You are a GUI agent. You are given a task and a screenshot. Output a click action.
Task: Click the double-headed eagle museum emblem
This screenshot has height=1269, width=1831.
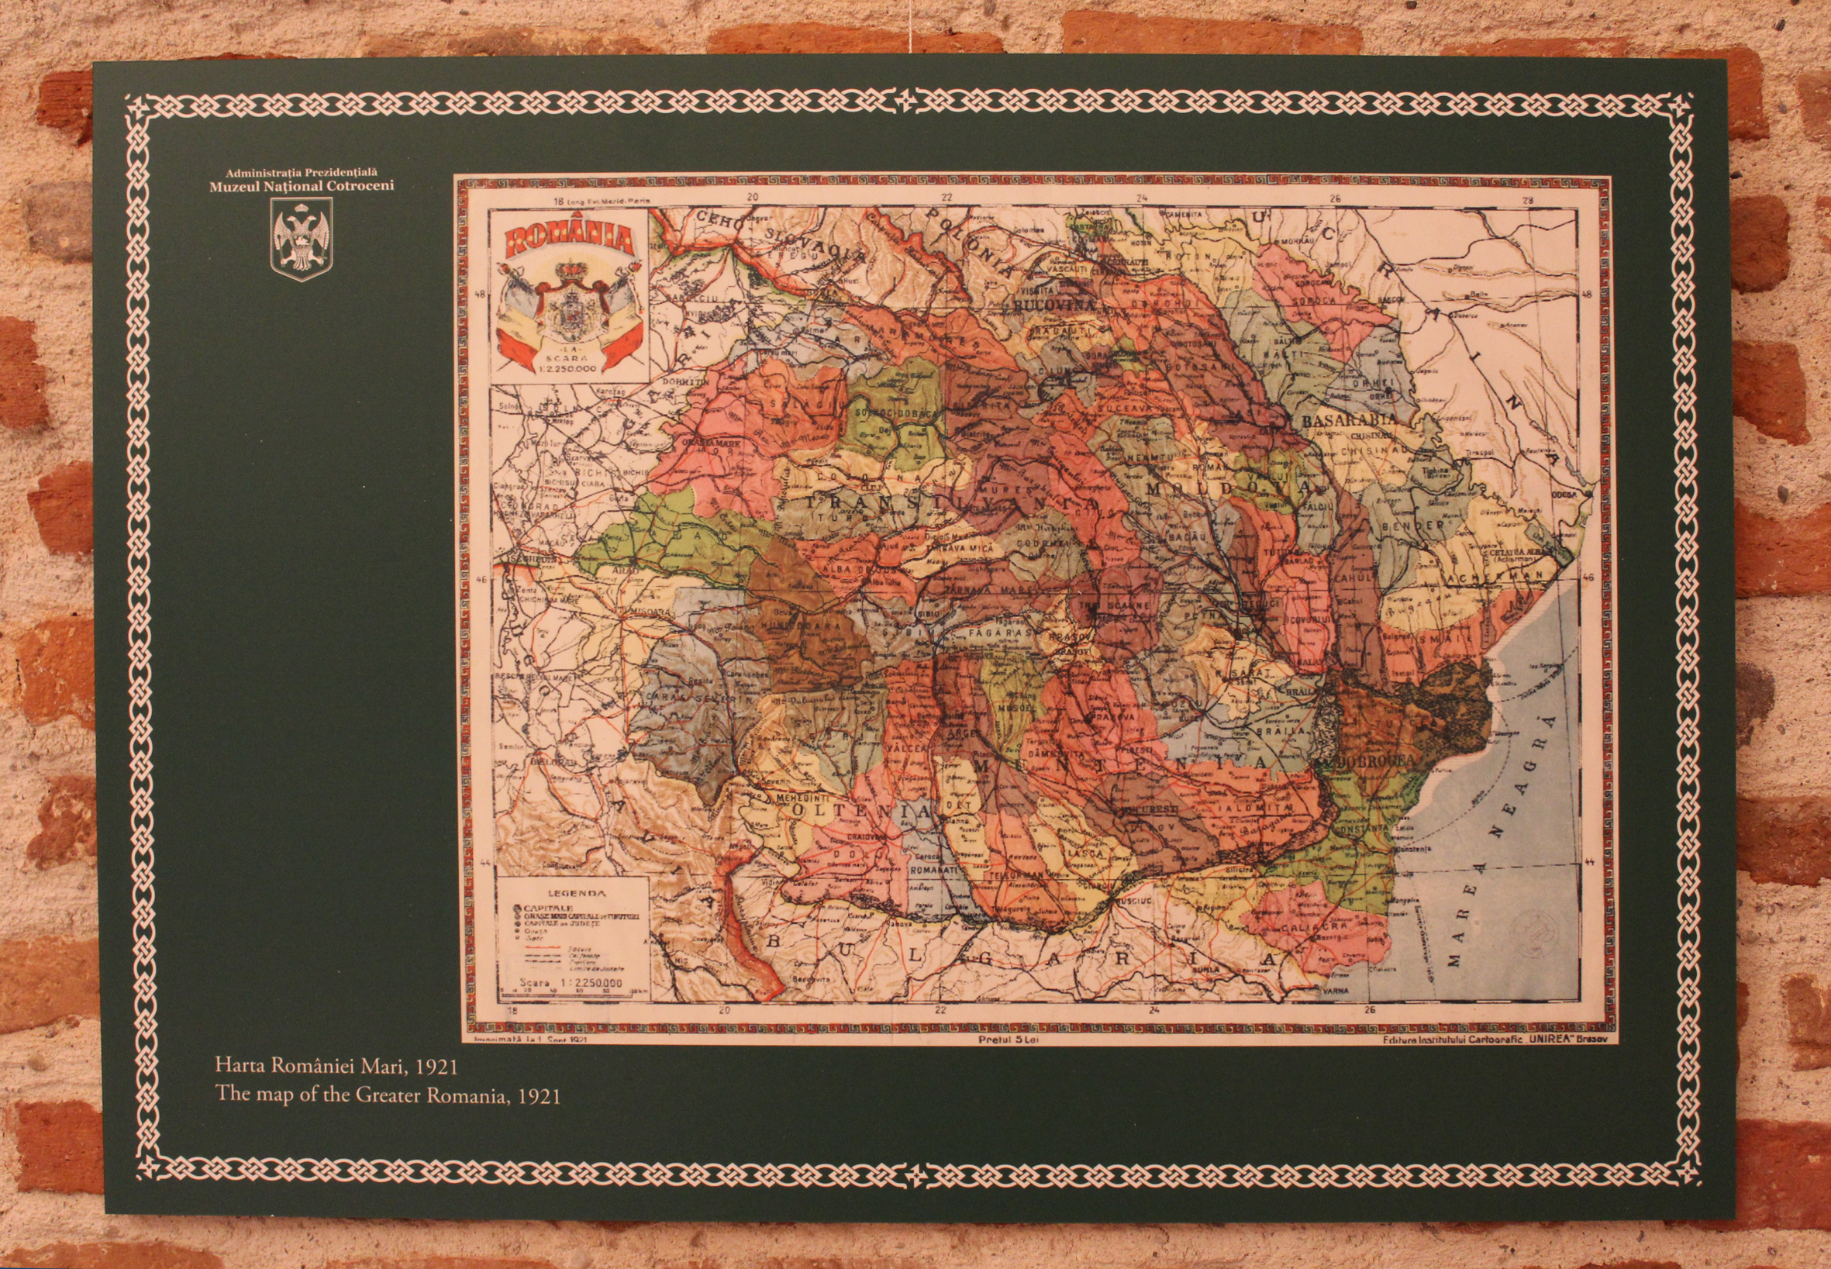point(302,239)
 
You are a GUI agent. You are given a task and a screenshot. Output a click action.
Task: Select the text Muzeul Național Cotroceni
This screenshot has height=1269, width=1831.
point(302,186)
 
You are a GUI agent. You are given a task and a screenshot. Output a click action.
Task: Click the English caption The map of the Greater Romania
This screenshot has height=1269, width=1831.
point(387,1095)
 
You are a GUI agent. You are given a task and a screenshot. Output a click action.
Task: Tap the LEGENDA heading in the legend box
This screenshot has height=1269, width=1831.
point(576,893)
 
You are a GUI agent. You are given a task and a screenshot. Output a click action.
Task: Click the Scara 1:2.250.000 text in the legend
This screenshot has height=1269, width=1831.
point(571,983)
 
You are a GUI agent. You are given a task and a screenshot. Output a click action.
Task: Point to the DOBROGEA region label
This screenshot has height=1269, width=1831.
point(1379,762)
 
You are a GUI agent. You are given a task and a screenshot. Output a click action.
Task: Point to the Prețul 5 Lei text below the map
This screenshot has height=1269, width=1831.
point(1010,1039)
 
